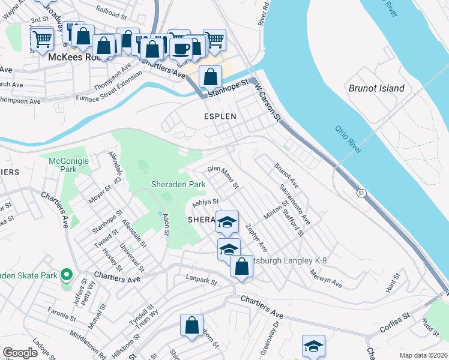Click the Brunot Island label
click(x=376, y=88)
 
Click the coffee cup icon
click(x=181, y=48)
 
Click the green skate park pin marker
click(x=67, y=276)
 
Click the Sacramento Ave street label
click(x=294, y=201)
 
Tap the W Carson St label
click(x=268, y=102)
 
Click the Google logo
click(x=20, y=353)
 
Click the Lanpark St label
click(x=201, y=280)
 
